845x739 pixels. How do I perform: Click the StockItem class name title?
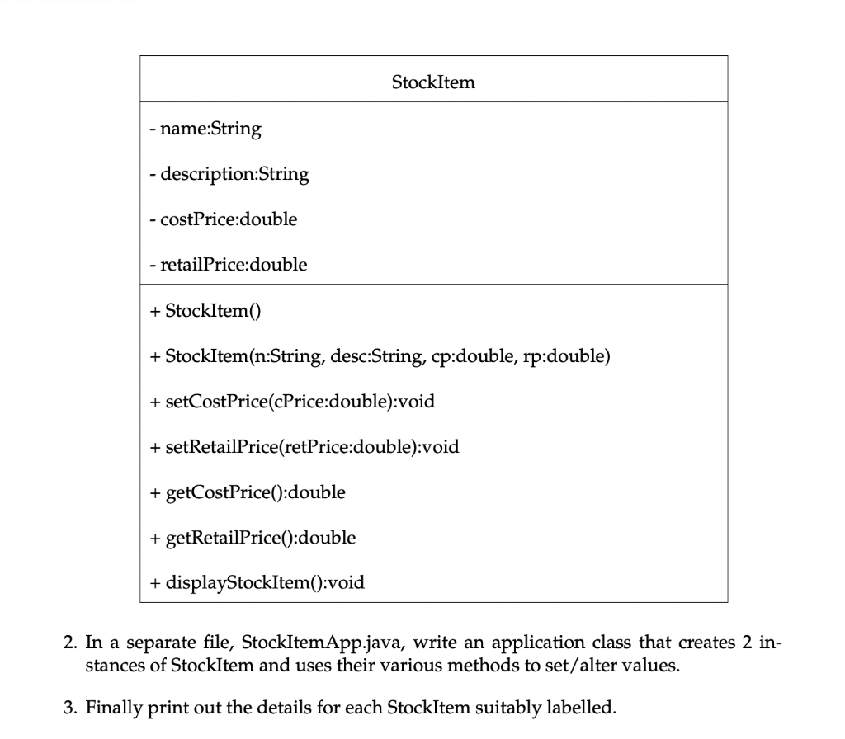433,82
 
